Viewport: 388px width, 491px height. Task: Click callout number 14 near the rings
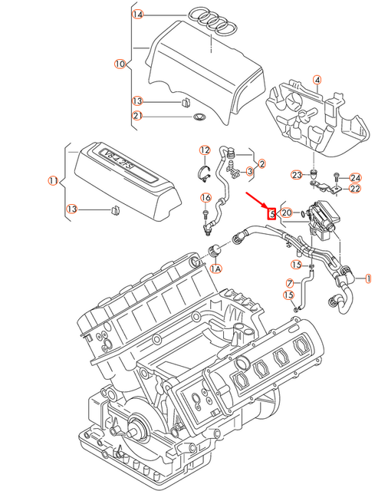[137, 15]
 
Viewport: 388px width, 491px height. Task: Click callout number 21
[137, 116]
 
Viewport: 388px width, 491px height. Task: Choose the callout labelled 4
[317, 79]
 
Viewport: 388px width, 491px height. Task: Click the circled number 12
[205, 150]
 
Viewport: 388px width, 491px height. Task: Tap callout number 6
[205, 198]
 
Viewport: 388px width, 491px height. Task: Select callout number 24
[355, 177]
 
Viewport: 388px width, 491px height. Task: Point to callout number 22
[355, 189]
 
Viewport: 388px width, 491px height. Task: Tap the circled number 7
[289, 283]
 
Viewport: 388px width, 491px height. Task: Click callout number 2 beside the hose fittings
[261, 163]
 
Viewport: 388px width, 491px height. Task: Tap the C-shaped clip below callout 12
[205, 170]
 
